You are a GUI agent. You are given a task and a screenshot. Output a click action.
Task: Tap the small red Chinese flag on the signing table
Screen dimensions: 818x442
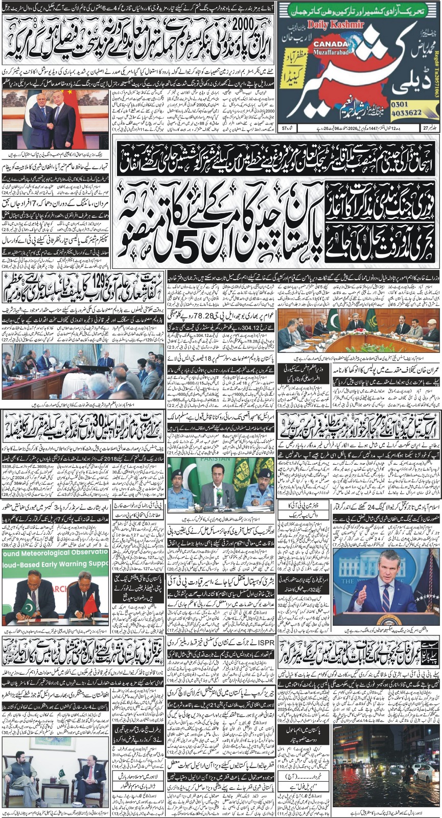90,606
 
